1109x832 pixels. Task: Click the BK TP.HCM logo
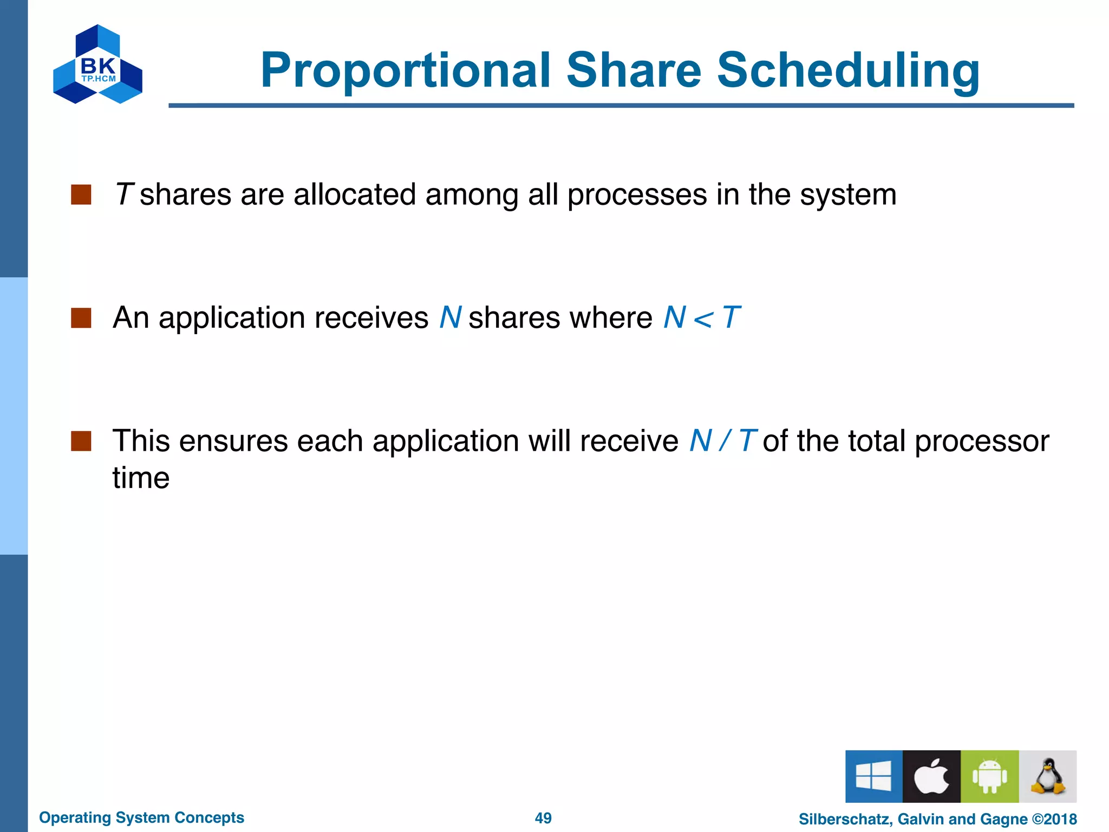tap(98, 64)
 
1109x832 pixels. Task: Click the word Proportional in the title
tap(406, 71)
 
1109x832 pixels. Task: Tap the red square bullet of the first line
tap(81, 194)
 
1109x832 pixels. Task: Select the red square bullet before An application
tap(81, 318)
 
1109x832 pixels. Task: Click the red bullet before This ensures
tap(81, 441)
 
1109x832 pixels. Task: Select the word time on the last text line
tap(141, 478)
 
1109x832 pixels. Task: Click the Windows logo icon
tap(873, 776)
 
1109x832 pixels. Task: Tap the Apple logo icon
tap(931, 776)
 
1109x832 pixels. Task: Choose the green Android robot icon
tap(989, 776)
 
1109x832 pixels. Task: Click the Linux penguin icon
tap(1047, 776)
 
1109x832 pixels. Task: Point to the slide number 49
tap(543, 818)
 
